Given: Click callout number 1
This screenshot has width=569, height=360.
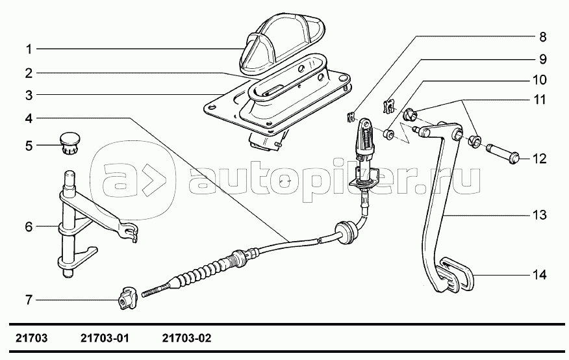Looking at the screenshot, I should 29,49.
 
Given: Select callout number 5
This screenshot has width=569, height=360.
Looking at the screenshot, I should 29,145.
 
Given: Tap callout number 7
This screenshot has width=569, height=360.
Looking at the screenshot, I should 29,300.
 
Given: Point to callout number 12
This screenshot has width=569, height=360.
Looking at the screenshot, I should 540,159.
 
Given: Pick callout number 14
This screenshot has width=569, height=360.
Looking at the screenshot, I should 540,275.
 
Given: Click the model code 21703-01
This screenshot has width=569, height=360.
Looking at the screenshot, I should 106,339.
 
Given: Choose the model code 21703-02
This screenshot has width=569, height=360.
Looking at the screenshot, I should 187,339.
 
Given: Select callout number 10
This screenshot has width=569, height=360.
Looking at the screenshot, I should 540,81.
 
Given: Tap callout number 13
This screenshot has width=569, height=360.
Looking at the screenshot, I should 540,214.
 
